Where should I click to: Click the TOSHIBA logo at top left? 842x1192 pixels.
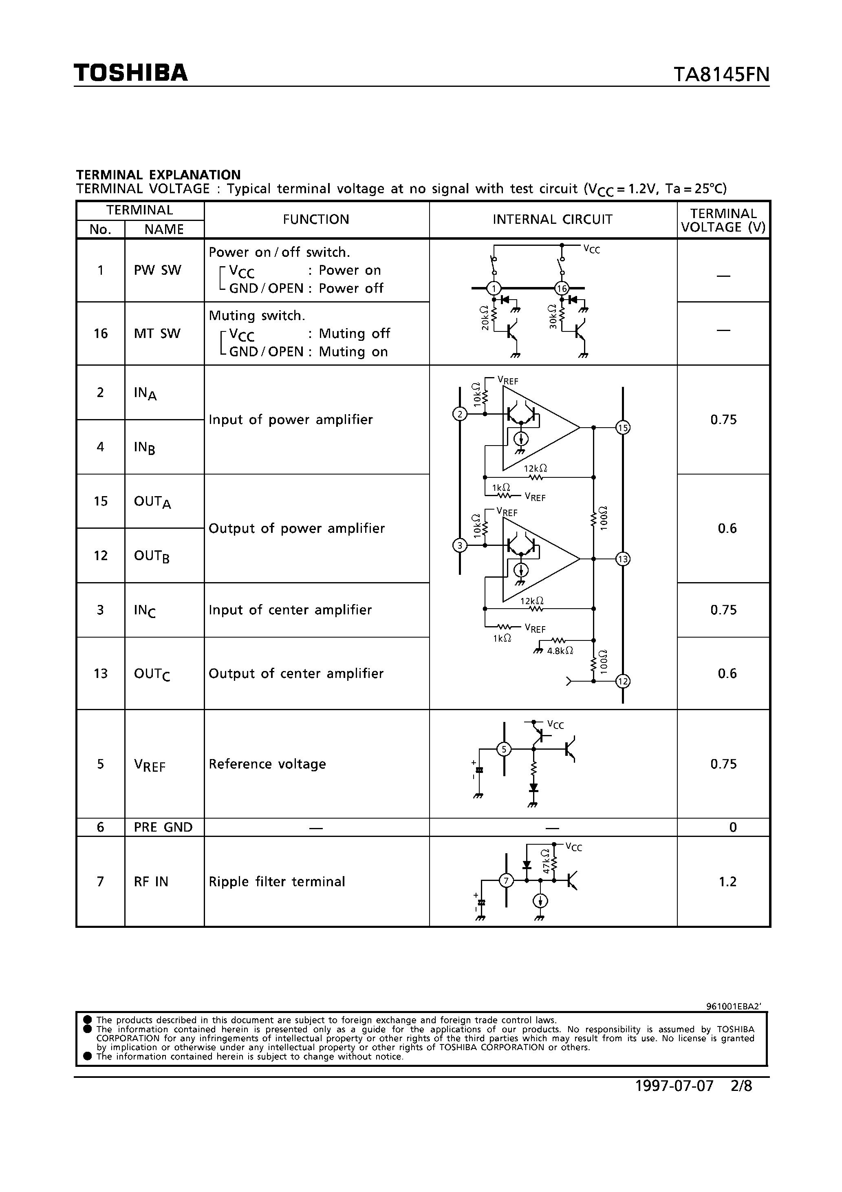130,73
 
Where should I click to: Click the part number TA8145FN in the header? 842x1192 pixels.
721,75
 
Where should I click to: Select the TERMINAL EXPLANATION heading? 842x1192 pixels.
158,174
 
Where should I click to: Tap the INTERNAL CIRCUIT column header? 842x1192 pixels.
552,220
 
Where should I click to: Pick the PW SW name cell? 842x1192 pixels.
157,270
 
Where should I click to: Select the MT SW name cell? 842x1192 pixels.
157,333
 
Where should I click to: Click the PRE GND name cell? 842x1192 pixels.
163,827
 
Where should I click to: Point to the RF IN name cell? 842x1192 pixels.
151,881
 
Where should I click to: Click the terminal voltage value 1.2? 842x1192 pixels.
727,881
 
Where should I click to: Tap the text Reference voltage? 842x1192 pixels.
267,764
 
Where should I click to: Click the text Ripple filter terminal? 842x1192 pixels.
277,881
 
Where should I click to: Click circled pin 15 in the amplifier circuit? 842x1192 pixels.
622,428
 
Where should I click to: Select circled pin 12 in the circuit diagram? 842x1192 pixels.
622,681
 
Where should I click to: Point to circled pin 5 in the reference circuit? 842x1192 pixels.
504,749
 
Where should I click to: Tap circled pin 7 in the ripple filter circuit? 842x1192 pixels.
506,881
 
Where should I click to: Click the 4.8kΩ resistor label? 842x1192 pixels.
560,651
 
